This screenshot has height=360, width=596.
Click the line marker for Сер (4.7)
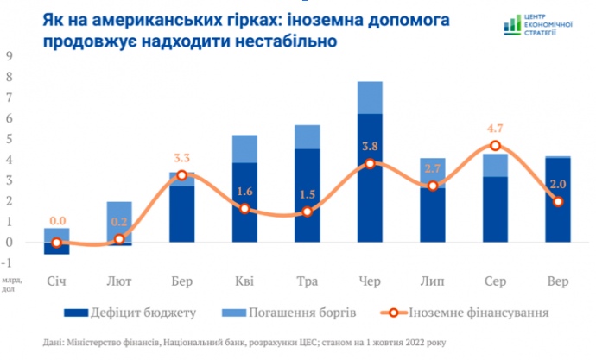click(495, 145)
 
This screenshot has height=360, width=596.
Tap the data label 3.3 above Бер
click(181, 158)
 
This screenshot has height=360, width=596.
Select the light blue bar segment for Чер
click(370, 98)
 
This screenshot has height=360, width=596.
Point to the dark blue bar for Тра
click(308, 196)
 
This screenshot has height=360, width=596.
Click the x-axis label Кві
click(244, 281)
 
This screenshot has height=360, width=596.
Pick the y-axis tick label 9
click(9, 56)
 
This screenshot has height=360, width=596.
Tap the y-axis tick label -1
click(7, 262)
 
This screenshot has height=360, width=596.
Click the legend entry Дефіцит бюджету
click(130, 313)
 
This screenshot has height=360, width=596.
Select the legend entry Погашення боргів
click(288, 313)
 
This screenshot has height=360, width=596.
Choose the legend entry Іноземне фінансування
click(465, 313)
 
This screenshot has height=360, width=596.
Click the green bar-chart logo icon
click(512, 25)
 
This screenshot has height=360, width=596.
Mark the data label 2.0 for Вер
click(558, 185)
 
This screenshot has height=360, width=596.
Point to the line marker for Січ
click(57, 243)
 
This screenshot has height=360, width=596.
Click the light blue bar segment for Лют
click(119, 222)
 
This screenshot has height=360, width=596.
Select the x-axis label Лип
click(432, 281)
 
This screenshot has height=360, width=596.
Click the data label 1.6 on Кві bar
click(244, 192)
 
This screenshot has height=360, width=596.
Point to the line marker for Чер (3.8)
click(370, 164)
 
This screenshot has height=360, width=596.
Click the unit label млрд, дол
click(11, 285)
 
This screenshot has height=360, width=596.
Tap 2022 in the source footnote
click(415, 343)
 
